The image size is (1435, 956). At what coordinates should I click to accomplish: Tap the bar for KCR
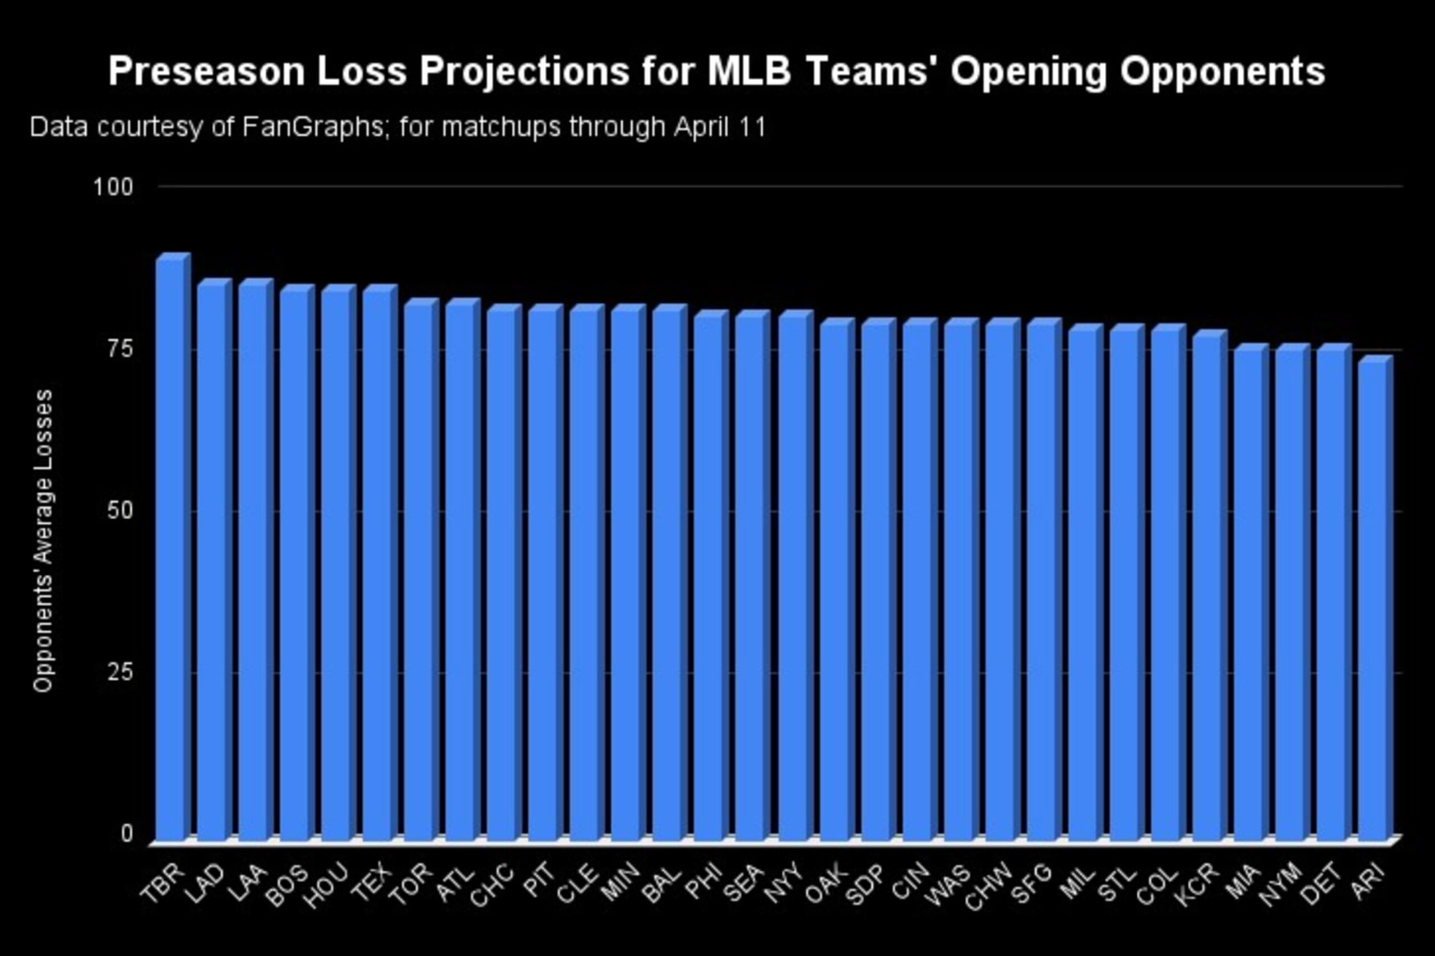tap(1210, 586)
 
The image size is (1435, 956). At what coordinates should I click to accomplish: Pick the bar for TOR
tap(422, 570)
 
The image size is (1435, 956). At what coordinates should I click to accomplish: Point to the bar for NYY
tap(796, 576)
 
